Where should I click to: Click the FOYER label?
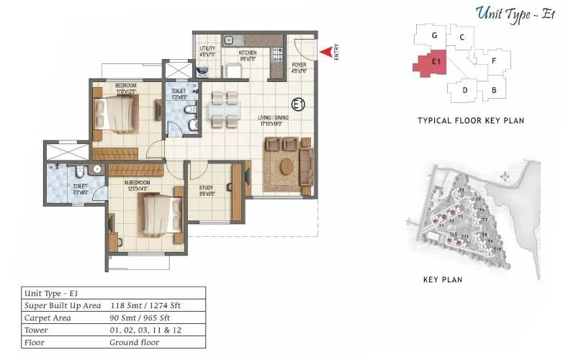click(299, 68)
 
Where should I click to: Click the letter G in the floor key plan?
click(435, 35)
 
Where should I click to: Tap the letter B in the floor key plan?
click(494, 90)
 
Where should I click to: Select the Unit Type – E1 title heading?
click(513, 12)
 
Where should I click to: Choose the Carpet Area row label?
click(48, 318)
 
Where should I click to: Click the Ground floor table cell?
click(135, 342)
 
